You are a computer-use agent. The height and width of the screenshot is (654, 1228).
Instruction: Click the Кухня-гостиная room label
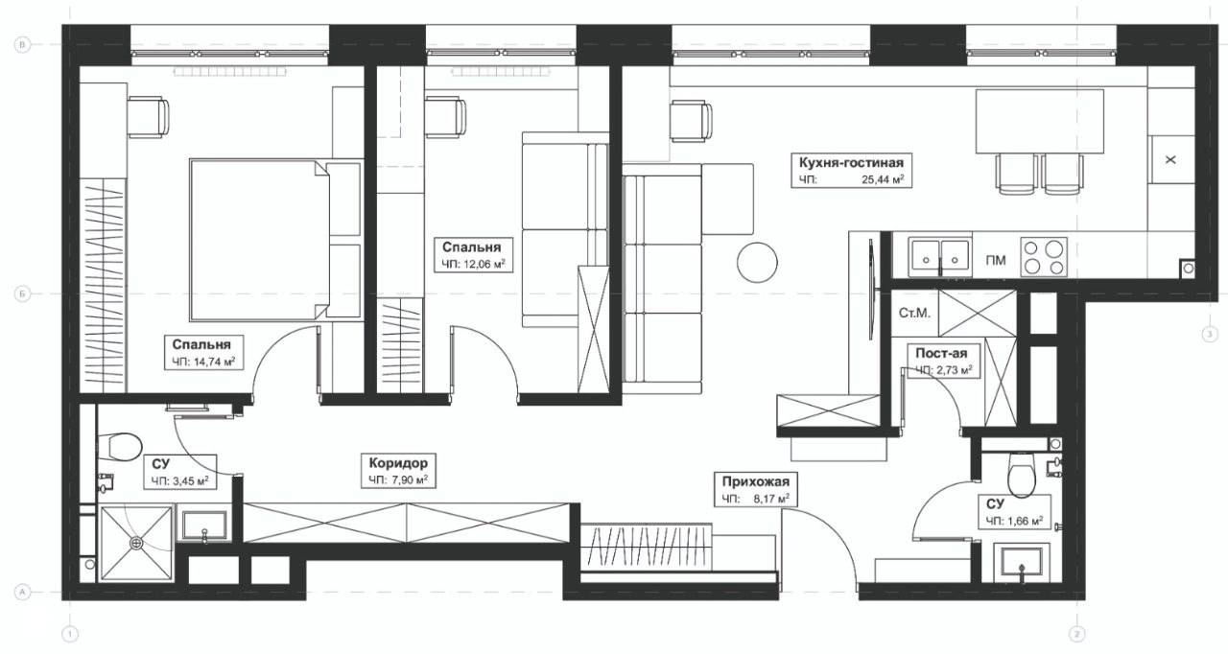[851, 163]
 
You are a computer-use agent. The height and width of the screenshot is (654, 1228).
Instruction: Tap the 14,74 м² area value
[213, 362]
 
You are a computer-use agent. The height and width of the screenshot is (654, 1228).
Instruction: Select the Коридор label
[398, 463]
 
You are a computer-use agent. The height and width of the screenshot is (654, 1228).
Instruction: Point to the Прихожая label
[755, 482]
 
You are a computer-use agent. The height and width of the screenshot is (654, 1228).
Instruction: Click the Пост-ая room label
[941, 353]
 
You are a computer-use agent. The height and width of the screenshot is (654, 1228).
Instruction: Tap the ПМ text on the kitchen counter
[996, 260]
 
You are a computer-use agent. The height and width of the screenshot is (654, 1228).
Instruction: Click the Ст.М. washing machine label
[914, 314]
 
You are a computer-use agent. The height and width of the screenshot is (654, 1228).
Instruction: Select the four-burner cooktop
[1043, 256]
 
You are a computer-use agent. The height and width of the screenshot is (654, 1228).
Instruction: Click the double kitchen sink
[940, 256]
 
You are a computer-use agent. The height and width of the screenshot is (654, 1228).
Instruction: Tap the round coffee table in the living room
[757, 263]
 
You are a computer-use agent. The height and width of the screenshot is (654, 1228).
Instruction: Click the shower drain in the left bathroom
[136, 543]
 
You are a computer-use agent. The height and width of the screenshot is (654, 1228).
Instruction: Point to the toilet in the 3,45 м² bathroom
[120, 447]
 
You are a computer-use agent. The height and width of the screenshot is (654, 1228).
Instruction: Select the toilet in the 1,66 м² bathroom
[1022, 475]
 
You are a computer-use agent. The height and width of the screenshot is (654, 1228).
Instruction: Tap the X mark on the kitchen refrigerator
[1170, 160]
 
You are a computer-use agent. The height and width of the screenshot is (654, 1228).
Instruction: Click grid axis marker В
[22, 45]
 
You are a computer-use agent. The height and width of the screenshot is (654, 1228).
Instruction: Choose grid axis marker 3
[1209, 334]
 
